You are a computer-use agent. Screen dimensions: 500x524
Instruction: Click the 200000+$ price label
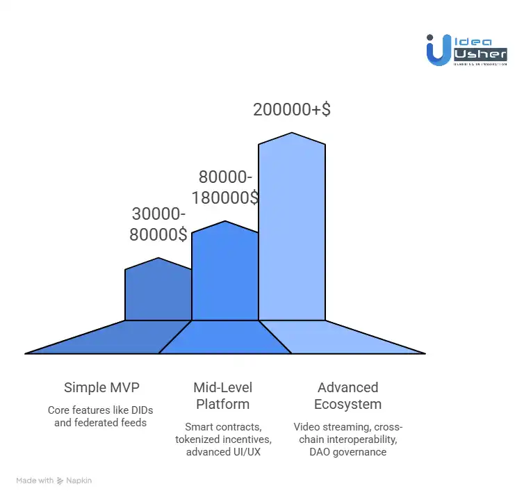291,110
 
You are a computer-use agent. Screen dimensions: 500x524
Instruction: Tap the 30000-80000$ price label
158,224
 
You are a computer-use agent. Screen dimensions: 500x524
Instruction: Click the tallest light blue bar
292,229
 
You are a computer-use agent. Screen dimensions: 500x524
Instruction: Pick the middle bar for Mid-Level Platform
224,275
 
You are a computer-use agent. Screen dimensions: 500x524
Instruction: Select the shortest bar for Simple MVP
158,292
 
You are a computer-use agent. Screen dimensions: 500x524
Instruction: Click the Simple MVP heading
100,387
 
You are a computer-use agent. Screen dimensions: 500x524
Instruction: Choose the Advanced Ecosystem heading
347,396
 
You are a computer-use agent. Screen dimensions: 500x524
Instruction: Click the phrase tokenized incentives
222,439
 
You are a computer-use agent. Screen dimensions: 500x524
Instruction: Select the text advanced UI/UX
222,453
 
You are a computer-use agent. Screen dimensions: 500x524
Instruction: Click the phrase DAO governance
347,453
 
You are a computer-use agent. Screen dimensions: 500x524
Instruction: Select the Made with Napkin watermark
54,481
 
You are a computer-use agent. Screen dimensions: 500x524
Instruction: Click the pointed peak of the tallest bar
292,134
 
